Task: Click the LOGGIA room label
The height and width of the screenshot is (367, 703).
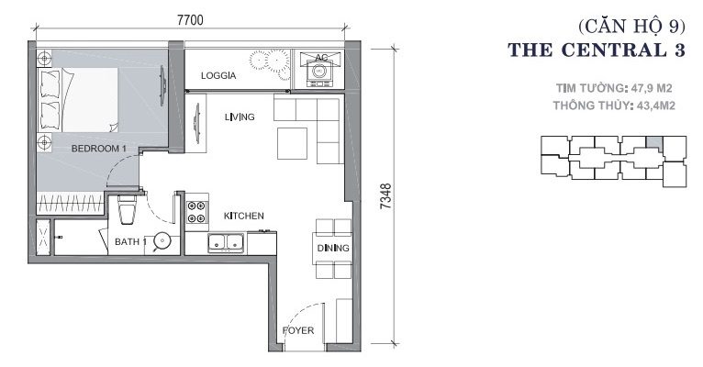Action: point(218,76)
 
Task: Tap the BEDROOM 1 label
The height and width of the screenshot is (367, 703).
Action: point(98,149)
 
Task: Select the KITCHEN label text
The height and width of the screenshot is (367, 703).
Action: point(243,216)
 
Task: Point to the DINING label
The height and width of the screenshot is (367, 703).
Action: point(333,248)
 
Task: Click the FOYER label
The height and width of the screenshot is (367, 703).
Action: point(298,330)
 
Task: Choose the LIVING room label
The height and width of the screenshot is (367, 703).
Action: point(240,117)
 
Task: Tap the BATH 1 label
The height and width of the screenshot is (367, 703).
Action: point(130,242)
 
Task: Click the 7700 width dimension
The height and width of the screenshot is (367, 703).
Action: point(190,20)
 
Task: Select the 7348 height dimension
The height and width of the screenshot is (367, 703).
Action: point(385,195)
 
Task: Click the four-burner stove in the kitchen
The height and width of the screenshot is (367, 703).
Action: point(196,212)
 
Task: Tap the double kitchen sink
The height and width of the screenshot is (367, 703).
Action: point(226,242)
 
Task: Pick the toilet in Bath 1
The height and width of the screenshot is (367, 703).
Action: point(127,208)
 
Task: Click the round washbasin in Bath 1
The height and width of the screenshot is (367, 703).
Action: point(162,241)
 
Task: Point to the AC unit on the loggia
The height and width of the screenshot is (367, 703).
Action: point(319,69)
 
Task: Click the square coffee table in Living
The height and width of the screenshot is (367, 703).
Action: point(293,143)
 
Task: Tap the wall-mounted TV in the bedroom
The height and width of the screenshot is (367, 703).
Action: point(162,85)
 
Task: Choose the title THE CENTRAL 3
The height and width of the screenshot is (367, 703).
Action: point(597,50)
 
